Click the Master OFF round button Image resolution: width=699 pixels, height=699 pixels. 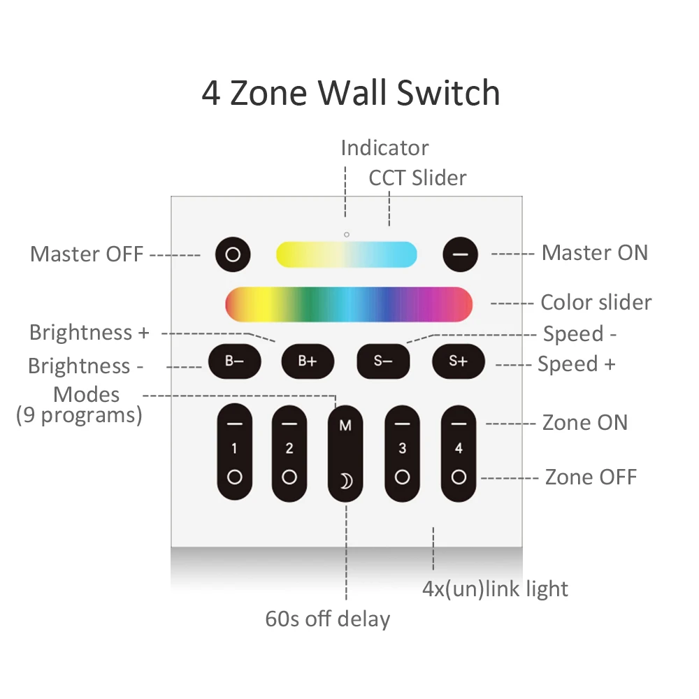pyautogui.click(x=233, y=254)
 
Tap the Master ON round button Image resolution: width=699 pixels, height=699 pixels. pyautogui.click(x=459, y=254)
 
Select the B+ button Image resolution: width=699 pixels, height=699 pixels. pyautogui.click(x=308, y=361)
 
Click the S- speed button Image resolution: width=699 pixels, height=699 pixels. pyautogui.click(x=383, y=361)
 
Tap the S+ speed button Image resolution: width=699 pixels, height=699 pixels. pyautogui.click(x=458, y=361)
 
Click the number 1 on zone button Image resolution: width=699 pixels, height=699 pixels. pyautogui.click(x=234, y=449)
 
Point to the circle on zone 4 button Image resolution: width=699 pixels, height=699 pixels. pyautogui.click(x=459, y=477)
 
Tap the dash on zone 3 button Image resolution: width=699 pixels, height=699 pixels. pyautogui.click(x=402, y=424)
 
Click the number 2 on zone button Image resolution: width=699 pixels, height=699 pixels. pyautogui.click(x=289, y=449)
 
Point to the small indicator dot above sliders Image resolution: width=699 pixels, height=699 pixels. pyautogui.click(x=346, y=233)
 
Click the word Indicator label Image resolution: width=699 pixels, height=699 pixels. pyautogui.click(x=384, y=148)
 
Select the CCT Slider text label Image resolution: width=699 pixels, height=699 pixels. pyautogui.click(x=417, y=178)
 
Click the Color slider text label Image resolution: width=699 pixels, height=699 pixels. pyautogui.click(x=596, y=303)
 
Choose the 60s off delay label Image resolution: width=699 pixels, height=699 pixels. pyautogui.click(x=327, y=619)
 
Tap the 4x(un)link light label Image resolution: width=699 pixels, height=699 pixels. pyautogui.click(x=495, y=589)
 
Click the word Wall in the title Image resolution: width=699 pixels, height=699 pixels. pyautogui.click(x=355, y=94)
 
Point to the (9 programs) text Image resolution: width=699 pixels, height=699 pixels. pyautogui.click(x=79, y=415)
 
